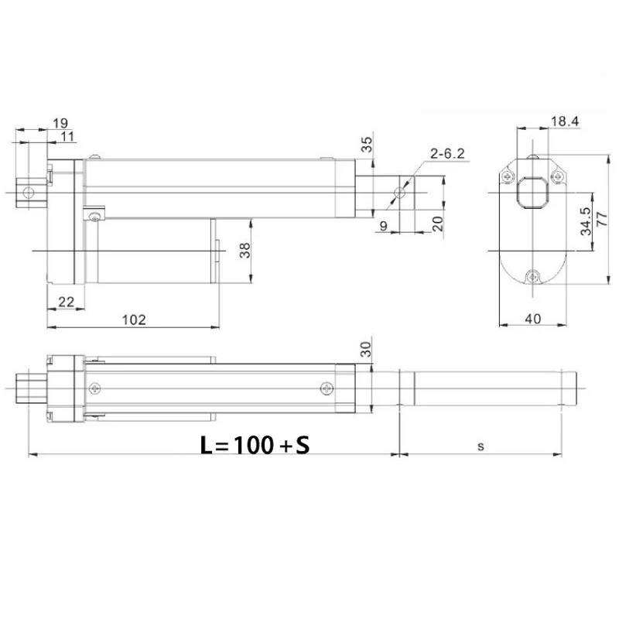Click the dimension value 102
134,320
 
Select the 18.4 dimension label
565,121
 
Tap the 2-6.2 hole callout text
447,153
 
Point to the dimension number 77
602,219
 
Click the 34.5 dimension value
586,221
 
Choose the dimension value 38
245,250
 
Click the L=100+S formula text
255,445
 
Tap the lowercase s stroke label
480,446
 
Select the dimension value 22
66,302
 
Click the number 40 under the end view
533,319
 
